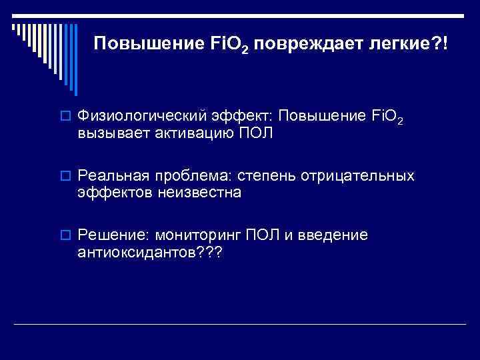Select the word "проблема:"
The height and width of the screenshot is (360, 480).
point(190,177)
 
